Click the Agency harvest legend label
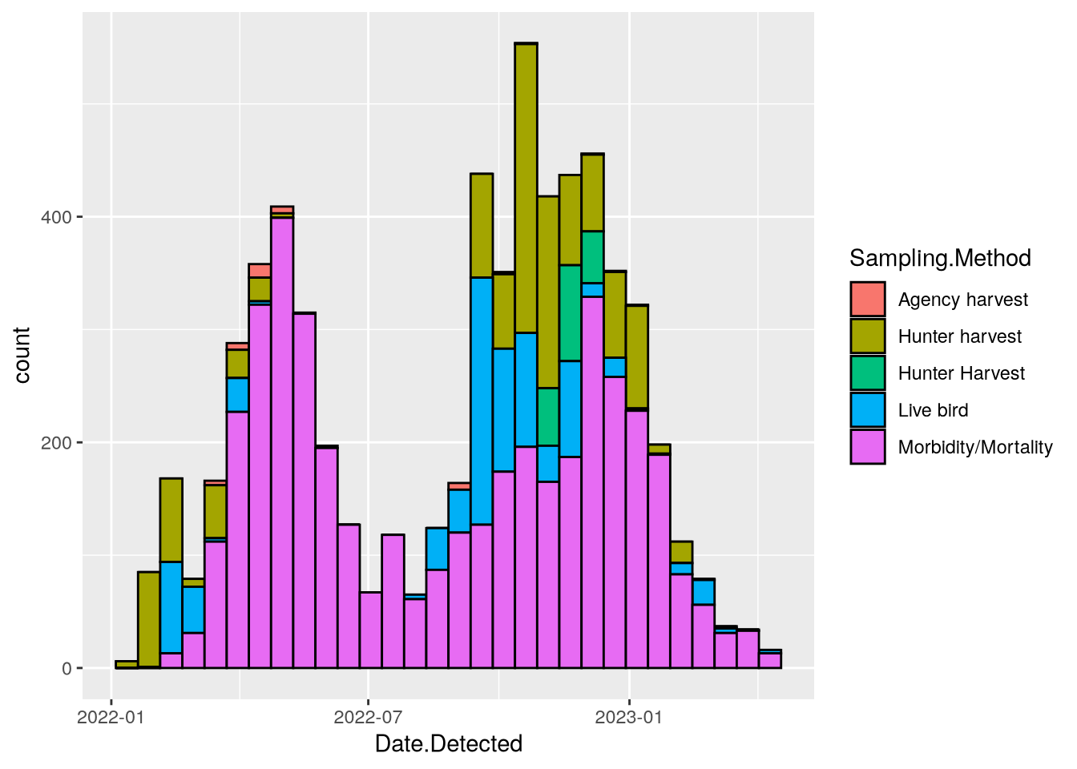[x=962, y=300]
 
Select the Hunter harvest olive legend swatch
[x=868, y=336]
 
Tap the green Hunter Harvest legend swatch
[x=868, y=373]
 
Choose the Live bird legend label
[x=933, y=410]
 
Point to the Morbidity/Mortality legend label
[x=975, y=447]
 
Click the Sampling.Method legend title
[x=940, y=258]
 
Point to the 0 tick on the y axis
[x=67, y=669]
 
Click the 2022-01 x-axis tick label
[x=111, y=716]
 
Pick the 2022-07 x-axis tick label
[x=367, y=716]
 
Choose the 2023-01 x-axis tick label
[x=629, y=716]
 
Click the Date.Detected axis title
[x=449, y=744]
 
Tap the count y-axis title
[x=22, y=355]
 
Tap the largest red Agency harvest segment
[x=260, y=270]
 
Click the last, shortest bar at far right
[x=770, y=659]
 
